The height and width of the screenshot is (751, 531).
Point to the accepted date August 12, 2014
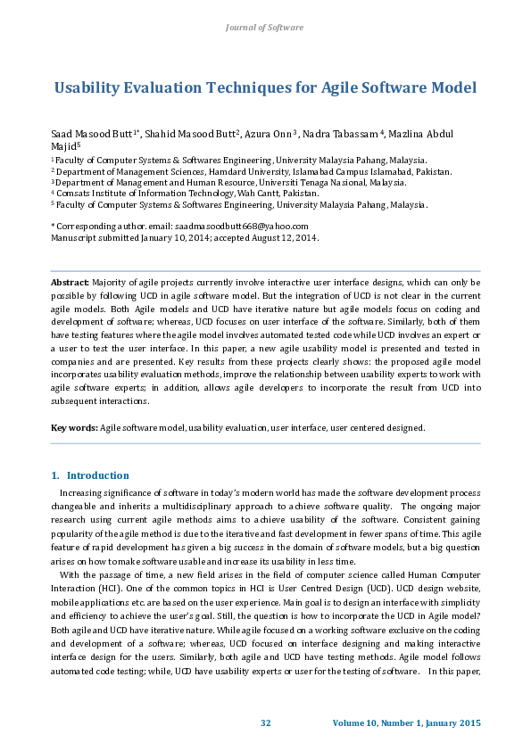(x=283, y=239)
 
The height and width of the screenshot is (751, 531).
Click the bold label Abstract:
(x=70, y=283)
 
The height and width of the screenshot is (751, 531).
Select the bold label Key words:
(x=74, y=428)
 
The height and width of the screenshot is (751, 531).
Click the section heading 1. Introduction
(x=90, y=475)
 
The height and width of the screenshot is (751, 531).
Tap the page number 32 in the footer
(x=265, y=722)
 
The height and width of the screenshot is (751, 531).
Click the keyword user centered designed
(x=378, y=428)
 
